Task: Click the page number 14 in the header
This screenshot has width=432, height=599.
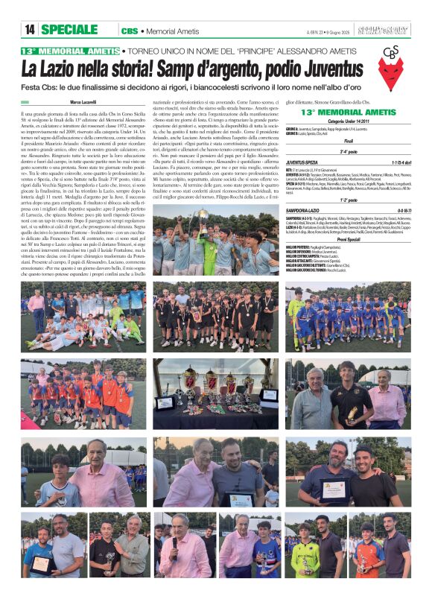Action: pyautogui.click(x=29, y=31)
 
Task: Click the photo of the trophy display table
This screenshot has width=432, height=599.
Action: pyautogui.click(x=216, y=393)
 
